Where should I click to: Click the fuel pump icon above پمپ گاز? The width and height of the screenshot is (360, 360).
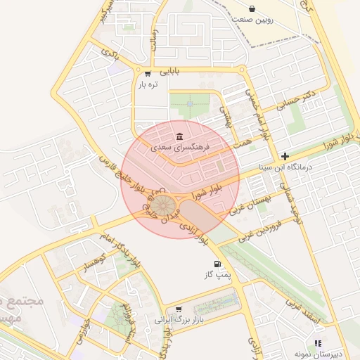217,264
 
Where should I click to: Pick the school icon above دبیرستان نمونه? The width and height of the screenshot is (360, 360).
318,343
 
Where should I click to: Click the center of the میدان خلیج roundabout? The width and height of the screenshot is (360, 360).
165,205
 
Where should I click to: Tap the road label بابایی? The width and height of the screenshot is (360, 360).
170,71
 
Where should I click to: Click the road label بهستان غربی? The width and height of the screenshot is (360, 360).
245,204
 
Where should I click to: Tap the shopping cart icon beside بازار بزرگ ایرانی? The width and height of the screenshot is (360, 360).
179,309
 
